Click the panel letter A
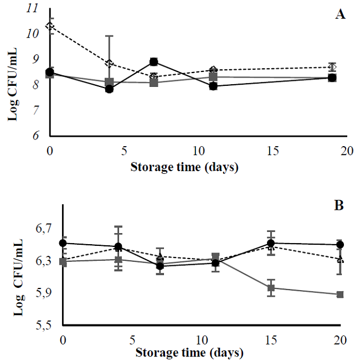coord(341,15)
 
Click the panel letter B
coord(339,205)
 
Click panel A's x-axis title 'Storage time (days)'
coord(184,166)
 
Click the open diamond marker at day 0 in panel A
coord(50,26)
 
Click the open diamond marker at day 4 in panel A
coord(109,63)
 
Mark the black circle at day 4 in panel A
coord(109,89)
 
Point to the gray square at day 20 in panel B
coord(340,295)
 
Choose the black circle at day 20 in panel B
coord(340,245)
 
